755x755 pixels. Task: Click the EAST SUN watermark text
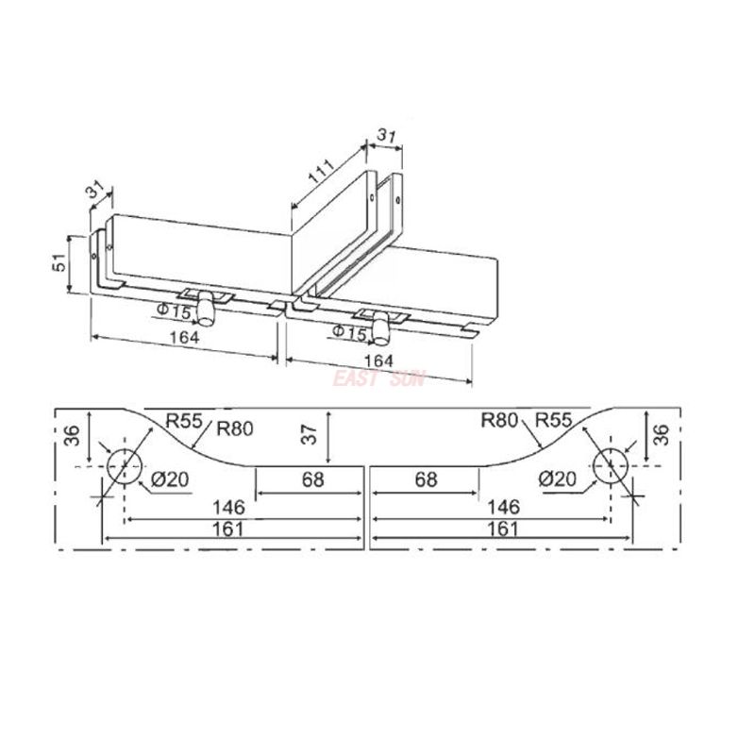[377, 378]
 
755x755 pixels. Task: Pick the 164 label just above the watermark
[377, 361]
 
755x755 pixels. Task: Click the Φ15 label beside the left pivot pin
[175, 310]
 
